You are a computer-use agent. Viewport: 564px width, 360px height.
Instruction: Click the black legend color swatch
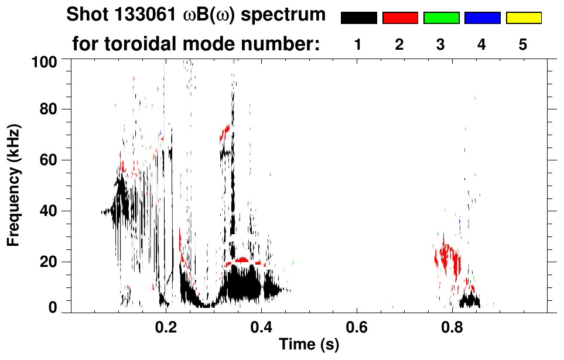click(358, 18)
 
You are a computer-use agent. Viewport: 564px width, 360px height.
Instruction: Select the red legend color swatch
click(400, 18)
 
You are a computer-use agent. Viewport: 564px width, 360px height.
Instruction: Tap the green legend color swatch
click(441, 18)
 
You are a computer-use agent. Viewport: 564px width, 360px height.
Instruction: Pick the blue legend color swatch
click(482, 18)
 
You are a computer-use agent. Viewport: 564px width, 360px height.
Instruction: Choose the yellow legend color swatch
click(524, 18)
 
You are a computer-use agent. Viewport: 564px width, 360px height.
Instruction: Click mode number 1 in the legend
click(358, 44)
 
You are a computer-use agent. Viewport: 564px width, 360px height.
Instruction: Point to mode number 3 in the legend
click(440, 44)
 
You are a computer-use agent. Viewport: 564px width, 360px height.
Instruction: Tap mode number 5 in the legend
click(523, 44)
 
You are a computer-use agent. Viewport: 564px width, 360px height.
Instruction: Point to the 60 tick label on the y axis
click(49, 160)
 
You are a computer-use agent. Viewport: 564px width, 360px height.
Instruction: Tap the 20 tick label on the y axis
click(49, 262)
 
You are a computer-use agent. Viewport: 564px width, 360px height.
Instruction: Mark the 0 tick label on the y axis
click(53, 308)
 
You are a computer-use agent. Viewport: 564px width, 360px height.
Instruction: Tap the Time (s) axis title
click(308, 345)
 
